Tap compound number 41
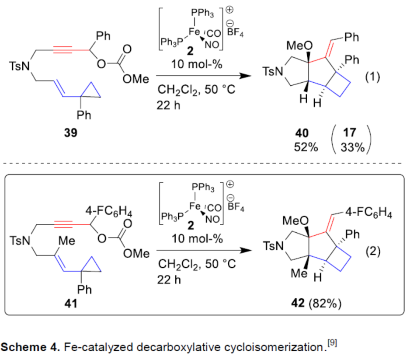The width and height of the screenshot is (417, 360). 70,303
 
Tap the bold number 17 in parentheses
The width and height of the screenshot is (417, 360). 353,133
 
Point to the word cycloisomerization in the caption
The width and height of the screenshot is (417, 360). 272,347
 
